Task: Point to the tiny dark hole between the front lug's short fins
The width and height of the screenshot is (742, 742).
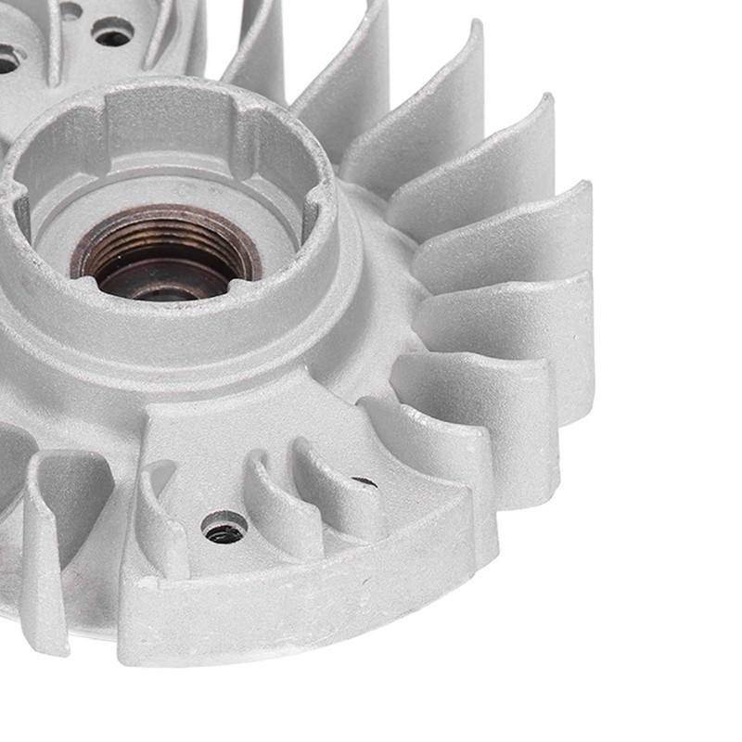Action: pos(364,481)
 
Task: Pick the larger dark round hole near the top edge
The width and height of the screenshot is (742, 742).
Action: pos(113,34)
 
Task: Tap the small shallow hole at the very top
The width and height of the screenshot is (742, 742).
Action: pos(70,11)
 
